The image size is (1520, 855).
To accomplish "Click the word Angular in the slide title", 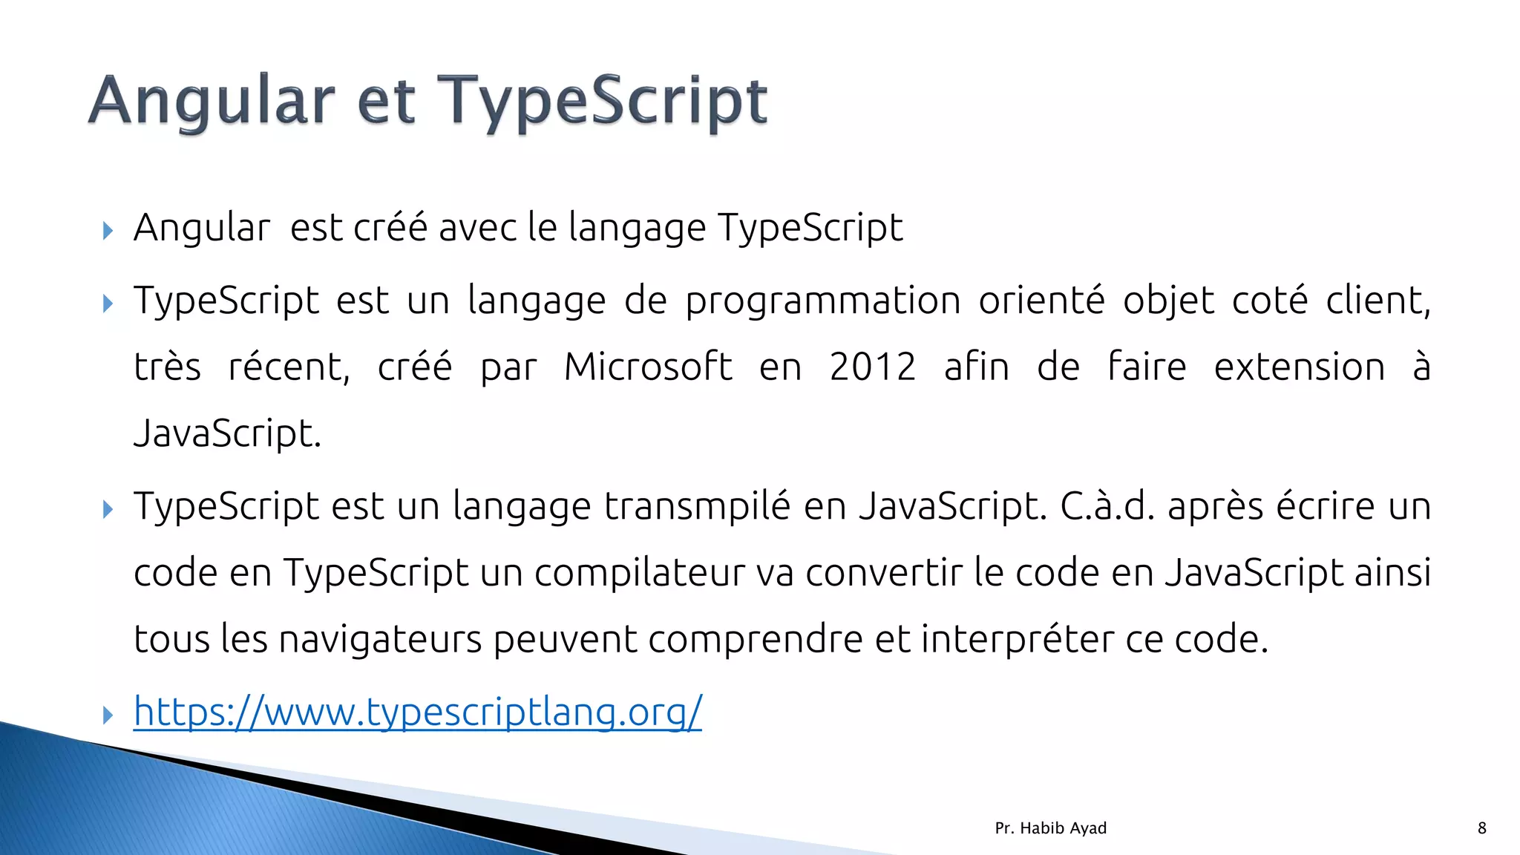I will [x=212, y=102].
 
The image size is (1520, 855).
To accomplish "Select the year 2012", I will [x=873, y=367].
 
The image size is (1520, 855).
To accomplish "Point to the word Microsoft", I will [x=648, y=367].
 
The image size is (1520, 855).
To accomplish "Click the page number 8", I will [x=1481, y=828].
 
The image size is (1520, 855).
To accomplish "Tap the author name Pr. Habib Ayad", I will [x=1050, y=828].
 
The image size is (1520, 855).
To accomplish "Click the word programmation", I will [x=823, y=301].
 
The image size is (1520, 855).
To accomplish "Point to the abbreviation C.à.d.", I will [x=1107, y=506].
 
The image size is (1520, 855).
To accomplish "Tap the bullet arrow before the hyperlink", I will [x=108, y=715].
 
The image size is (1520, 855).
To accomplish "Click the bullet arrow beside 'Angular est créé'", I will [x=108, y=230].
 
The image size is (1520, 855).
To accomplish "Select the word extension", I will [x=1299, y=367].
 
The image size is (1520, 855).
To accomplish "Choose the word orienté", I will [x=1041, y=301].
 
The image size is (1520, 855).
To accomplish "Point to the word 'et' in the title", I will [x=385, y=103].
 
